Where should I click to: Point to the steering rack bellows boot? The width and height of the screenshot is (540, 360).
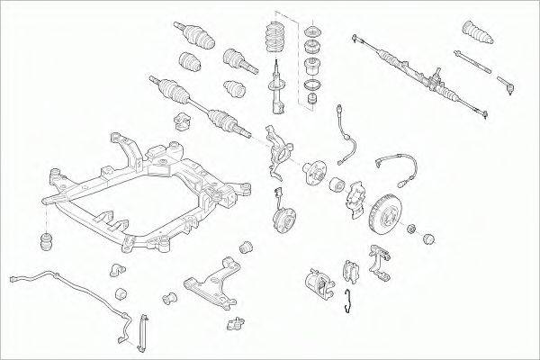[x=478, y=35]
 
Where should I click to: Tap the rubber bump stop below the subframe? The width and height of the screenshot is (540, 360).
[x=45, y=244]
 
